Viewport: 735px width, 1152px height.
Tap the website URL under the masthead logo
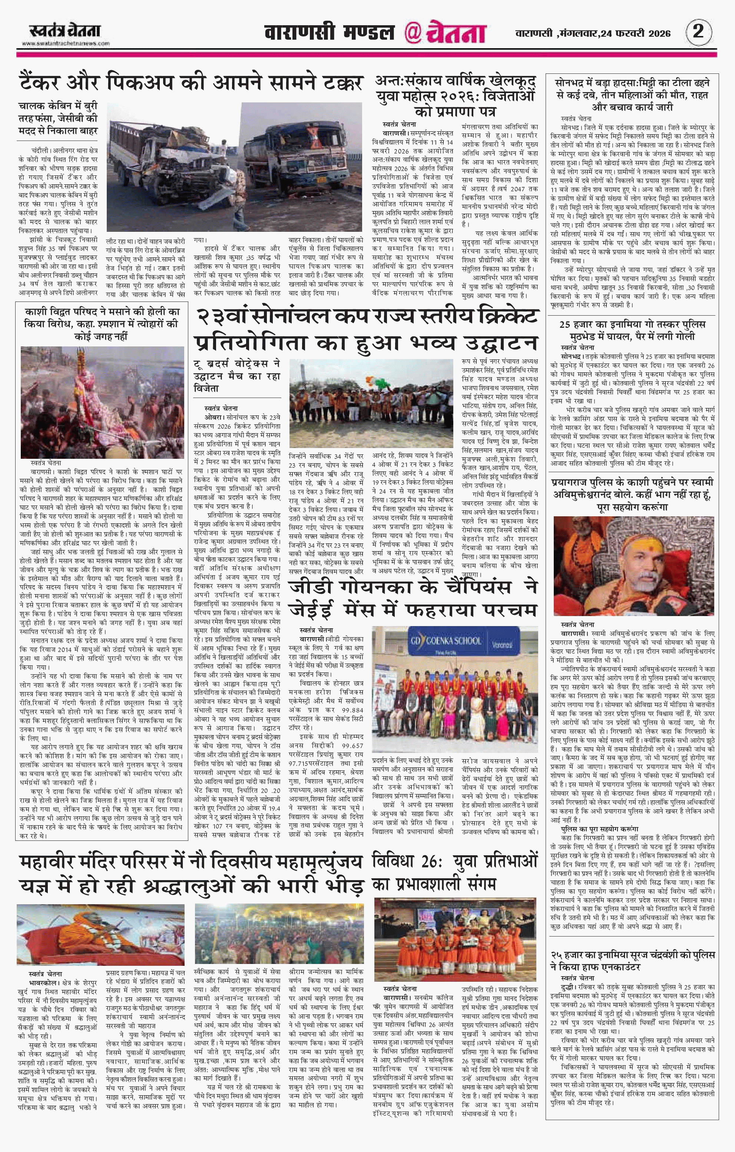point(66,43)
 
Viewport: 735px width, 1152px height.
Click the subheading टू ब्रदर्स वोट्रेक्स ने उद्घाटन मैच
point(237,376)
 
